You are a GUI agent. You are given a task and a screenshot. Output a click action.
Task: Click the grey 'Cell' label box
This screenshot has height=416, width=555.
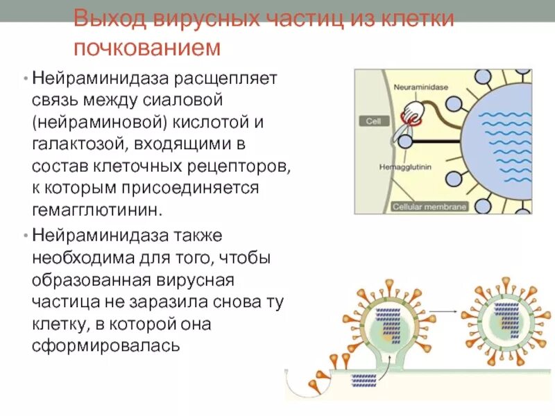pos(374,121)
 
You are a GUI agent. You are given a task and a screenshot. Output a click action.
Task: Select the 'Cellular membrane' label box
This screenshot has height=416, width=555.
pos(430,207)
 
